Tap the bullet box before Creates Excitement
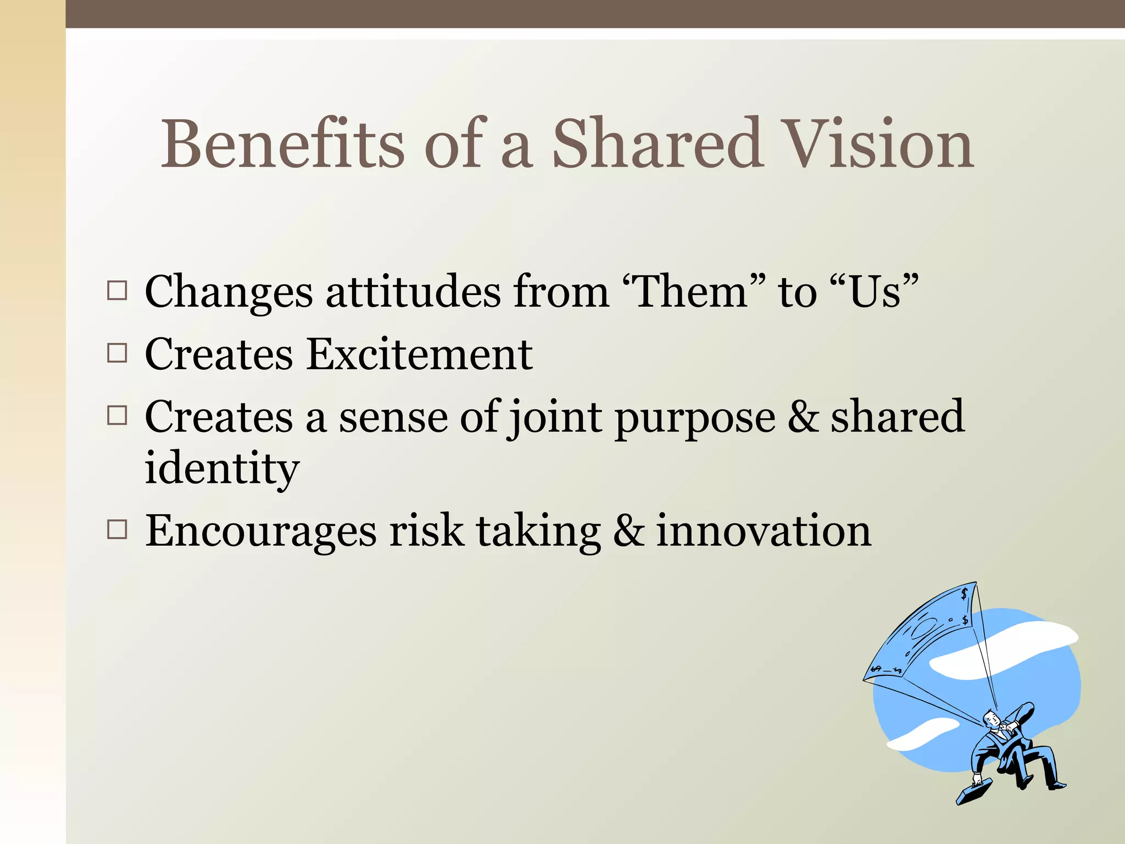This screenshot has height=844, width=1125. click(117, 353)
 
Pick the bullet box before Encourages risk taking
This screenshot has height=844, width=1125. click(117, 530)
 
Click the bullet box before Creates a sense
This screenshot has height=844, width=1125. click(117, 415)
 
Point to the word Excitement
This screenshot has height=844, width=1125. click(419, 354)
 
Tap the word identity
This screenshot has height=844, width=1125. click(222, 468)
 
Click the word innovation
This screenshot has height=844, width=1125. click(764, 531)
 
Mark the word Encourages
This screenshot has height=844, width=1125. click(260, 532)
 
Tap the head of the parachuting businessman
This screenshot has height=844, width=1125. click(990, 719)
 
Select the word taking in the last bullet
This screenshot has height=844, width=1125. click(538, 532)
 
